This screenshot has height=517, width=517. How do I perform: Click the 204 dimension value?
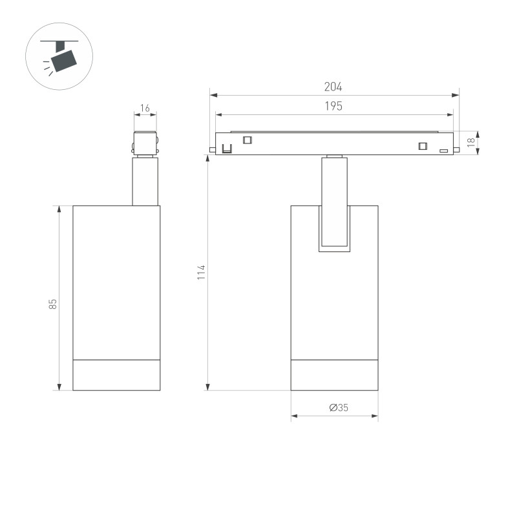(333, 87)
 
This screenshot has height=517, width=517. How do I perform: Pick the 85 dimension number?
(53, 303)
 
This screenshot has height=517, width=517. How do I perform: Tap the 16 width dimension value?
(145, 109)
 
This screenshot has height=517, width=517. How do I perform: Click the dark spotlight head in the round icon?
(64, 60)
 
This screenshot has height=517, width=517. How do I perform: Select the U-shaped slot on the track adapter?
(227, 148)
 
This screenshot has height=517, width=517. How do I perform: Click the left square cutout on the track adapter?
(246, 140)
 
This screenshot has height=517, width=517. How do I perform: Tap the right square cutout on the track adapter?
(423, 145)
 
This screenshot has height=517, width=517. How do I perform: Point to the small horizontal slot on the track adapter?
(444, 151)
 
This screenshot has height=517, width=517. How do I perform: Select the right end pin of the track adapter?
(456, 150)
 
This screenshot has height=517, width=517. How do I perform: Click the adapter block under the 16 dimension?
(145, 143)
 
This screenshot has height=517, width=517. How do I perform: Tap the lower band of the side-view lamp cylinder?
(116, 375)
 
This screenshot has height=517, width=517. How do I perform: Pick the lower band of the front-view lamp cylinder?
(334, 375)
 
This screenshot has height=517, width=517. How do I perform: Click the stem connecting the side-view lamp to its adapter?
(145, 182)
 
